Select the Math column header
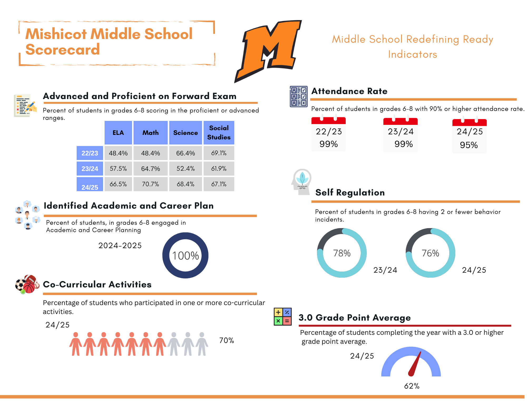pos(150,133)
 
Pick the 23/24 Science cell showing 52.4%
pos(186,169)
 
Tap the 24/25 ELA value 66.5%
pos(118,184)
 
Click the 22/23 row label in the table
pos(90,153)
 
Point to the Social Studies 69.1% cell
pos(219,153)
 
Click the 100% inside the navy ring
pos(186,256)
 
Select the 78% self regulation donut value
pos(342,253)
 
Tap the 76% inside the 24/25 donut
pos(430,253)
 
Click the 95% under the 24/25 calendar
pos(469,145)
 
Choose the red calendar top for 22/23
pos(328,121)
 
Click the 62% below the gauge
pos(412,386)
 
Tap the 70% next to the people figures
pos(227,340)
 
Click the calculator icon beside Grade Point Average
pos(282,317)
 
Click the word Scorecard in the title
pos(63,50)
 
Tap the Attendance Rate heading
pos(349,91)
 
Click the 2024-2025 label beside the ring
pos(120,246)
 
